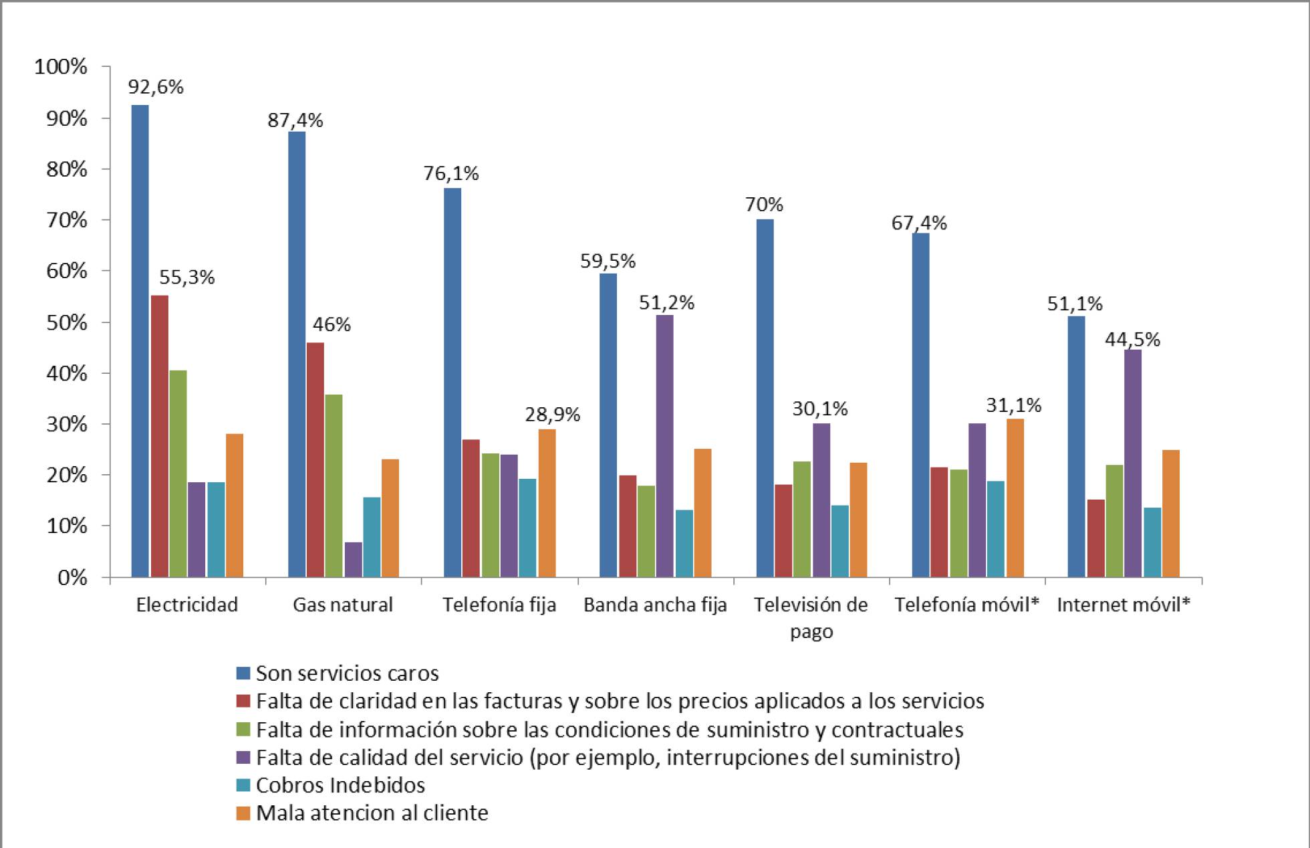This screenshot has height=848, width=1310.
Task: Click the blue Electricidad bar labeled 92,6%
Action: (x=140, y=341)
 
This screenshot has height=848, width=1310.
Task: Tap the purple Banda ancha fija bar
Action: (x=664, y=446)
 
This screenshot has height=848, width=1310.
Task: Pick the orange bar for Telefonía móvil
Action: (x=1015, y=498)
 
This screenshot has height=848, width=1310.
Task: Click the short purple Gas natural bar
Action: (x=354, y=560)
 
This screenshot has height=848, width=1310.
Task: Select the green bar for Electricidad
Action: (x=178, y=473)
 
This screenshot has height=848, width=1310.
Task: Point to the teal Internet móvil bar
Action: (x=1152, y=542)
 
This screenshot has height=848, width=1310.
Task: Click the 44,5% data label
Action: (x=1132, y=340)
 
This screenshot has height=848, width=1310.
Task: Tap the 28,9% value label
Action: (x=552, y=415)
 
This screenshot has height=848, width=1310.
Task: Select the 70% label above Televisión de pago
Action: (x=764, y=205)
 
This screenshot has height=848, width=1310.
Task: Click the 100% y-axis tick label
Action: (x=61, y=67)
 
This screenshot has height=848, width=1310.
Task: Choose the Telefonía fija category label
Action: (x=499, y=605)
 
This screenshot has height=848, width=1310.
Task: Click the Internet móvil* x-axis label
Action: (x=1124, y=605)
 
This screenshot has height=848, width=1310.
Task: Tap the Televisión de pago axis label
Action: (x=811, y=617)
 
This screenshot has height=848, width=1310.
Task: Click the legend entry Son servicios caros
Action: (x=347, y=673)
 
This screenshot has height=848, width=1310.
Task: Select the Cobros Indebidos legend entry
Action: (x=340, y=784)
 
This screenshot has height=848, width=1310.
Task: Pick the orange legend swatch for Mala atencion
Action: (x=243, y=813)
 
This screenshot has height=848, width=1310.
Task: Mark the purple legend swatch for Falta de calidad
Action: (x=243, y=757)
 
